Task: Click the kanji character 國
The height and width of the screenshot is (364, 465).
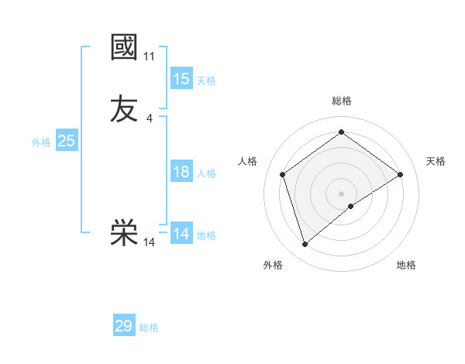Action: [124, 47]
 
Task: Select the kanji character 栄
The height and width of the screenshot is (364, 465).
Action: [124, 233]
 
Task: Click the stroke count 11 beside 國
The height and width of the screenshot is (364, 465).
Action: [150, 57]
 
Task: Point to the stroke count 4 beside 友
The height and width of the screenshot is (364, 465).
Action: [150, 118]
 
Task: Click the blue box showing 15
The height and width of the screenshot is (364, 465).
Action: [181, 79]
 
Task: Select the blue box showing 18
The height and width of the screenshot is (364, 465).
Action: [181, 172]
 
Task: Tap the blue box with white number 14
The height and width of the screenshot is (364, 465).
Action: [181, 234]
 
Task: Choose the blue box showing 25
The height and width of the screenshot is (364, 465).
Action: [67, 141]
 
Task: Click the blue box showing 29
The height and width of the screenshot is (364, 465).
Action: [124, 326]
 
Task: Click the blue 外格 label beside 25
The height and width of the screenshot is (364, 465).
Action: [41, 143]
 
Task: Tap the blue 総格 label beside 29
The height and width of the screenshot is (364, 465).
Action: [149, 328]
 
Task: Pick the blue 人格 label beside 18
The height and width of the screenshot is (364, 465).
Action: [206, 173]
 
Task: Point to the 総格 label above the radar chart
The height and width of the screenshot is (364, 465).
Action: [342, 101]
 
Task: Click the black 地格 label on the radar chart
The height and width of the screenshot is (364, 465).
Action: [406, 265]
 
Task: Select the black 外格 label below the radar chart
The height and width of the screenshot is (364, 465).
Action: [273, 265]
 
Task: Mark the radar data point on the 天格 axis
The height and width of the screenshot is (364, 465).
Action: [401, 174]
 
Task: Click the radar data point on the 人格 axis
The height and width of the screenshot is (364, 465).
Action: [283, 174]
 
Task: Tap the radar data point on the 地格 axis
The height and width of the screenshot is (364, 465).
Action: [351, 206]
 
